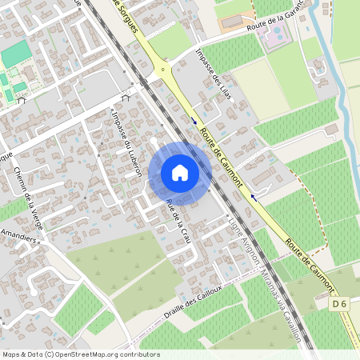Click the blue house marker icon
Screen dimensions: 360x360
180,173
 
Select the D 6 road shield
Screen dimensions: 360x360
341,303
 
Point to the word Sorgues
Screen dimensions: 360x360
127,15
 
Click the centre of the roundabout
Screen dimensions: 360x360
164,70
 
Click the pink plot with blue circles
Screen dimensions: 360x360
275,37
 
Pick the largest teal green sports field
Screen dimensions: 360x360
14,54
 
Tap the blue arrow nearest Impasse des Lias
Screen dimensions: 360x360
194,122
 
